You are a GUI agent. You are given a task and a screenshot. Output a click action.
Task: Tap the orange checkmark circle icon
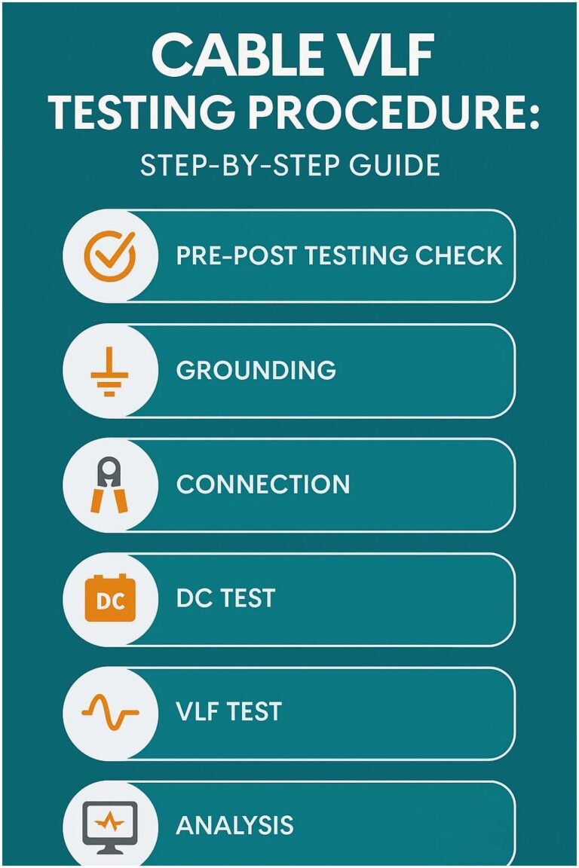pyautogui.click(x=110, y=256)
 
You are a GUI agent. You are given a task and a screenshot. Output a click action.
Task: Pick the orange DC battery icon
pyautogui.click(x=110, y=601)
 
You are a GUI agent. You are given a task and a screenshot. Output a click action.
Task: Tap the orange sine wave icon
pyautogui.click(x=110, y=712)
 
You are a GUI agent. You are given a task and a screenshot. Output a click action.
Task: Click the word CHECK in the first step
pyautogui.click(x=458, y=256)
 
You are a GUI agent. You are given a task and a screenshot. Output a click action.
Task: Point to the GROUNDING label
pyautogui.click(x=256, y=371)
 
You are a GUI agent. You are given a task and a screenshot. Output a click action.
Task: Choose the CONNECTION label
pyautogui.click(x=263, y=484)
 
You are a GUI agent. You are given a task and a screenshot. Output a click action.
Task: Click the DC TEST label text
pyautogui.click(x=225, y=599)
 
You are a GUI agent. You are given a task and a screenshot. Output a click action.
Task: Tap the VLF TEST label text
pyautogui.click(x=228, y=712)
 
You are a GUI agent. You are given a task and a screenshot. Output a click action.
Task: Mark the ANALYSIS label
pyautogui.click(x=234, y=826)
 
